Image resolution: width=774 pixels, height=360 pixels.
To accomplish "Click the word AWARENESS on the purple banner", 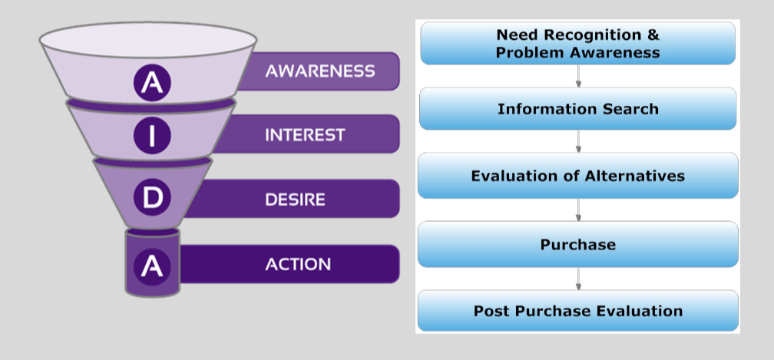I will pos(320,71).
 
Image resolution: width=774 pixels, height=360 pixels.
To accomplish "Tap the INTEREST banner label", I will pos(305,135).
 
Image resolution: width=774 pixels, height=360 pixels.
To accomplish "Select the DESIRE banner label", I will pos(295,200).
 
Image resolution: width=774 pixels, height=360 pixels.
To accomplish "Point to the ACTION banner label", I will pos(298,265).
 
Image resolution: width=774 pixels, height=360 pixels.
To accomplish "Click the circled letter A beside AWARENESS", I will pos(153,83).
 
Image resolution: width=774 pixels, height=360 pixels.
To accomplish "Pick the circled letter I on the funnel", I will pos(151,136).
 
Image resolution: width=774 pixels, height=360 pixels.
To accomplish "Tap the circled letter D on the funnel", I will pos(153,197).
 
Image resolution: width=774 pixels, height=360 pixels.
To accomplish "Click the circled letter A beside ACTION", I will pos(152,266).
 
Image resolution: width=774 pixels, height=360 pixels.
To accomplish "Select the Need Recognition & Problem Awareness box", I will pos(577,43).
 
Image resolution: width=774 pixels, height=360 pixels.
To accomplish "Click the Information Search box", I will pos(577,108).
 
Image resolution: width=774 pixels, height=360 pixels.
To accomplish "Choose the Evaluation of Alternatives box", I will pos(577,176).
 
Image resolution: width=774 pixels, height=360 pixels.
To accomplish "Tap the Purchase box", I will pos(577,244).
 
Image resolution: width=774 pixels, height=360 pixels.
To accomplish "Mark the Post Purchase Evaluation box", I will pos(577,311).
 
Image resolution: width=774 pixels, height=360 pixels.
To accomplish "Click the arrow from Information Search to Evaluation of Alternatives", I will pos(578,141).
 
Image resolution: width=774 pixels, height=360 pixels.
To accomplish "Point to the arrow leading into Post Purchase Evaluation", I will pos(578,278).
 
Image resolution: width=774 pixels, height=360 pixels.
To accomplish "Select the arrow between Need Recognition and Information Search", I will pos(578,76).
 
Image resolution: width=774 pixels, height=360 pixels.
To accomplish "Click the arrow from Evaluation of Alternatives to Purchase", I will pos(578,210).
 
